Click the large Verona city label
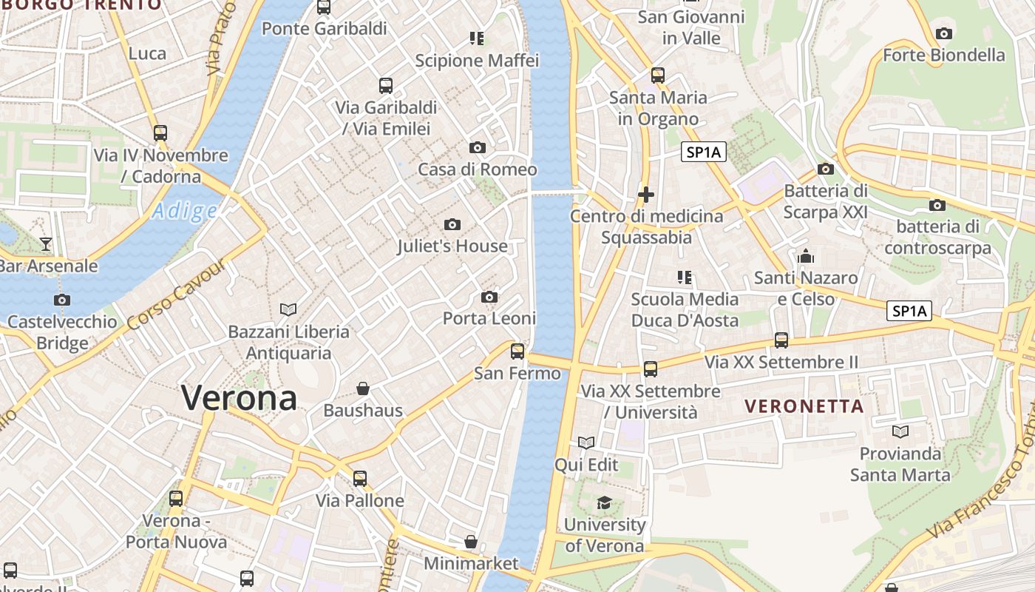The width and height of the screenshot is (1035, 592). [239, 398]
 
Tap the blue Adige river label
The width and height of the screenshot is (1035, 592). [184, 212]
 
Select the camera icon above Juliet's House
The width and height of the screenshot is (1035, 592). [452, 224]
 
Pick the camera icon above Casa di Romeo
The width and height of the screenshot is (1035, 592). [478, 147]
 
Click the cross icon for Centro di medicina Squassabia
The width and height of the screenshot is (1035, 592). [646, 195]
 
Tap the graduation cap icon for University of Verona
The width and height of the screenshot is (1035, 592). [604, 503]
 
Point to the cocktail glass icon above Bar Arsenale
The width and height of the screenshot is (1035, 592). [46, 243]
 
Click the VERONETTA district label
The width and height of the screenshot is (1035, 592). [804, 406]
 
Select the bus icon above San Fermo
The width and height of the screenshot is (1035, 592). [517, 351]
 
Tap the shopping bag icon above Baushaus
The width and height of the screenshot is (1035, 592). [363, 388]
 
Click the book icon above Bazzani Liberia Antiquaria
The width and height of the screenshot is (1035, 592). [288, 309]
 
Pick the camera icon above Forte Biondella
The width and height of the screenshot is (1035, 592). [943, 33]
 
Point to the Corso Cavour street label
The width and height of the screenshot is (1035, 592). [175, 297]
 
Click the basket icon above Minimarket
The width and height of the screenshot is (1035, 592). [471, 542]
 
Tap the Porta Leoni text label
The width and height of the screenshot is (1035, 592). [489, 318]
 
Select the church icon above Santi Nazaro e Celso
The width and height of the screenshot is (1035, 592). [806, 257]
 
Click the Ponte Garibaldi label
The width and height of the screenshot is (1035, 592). [324, 29]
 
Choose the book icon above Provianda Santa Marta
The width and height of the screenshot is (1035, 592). [900, 431]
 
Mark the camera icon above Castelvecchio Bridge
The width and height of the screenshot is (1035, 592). [62, 300]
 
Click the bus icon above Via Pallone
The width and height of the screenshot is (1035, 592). [360, 478]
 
